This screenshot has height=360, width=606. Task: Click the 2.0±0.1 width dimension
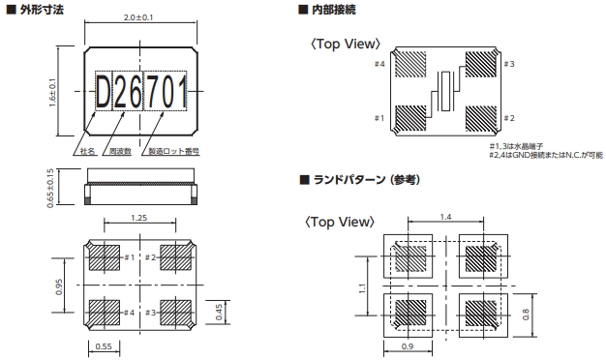coord(138,17)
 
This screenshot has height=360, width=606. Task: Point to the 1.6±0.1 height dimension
coord(52,93)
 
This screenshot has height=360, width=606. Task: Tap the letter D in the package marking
coord(104,92)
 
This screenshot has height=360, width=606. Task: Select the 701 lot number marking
coord(165,92)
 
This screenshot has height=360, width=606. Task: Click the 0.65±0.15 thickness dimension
coord(50,188)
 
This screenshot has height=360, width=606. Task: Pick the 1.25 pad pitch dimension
coord(138,218)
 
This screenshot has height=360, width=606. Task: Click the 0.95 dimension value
coord(59,286)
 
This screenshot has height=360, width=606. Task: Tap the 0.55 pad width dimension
coord(104,346)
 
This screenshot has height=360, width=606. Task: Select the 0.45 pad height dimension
coord(219,313)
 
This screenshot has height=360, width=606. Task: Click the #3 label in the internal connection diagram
coord(509,64)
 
